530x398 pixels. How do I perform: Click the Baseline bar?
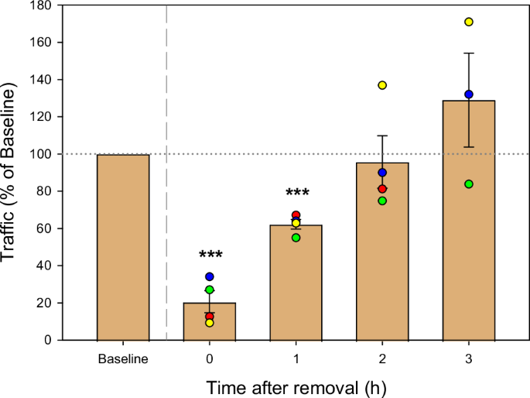pos(123,247)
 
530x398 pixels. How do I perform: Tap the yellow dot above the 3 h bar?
pos(469,22)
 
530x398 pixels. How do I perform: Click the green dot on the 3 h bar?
pos(469,184)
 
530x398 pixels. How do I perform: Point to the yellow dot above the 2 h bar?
pos(382,85)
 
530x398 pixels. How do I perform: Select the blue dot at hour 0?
pos(209,276)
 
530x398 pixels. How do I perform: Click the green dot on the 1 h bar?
pos(296,238)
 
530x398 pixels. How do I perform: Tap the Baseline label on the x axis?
pos(123,360)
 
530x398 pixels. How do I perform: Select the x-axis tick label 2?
pos(382,360)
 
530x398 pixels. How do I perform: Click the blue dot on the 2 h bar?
pos(382,173)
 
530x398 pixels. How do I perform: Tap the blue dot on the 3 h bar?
pos(469,94)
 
